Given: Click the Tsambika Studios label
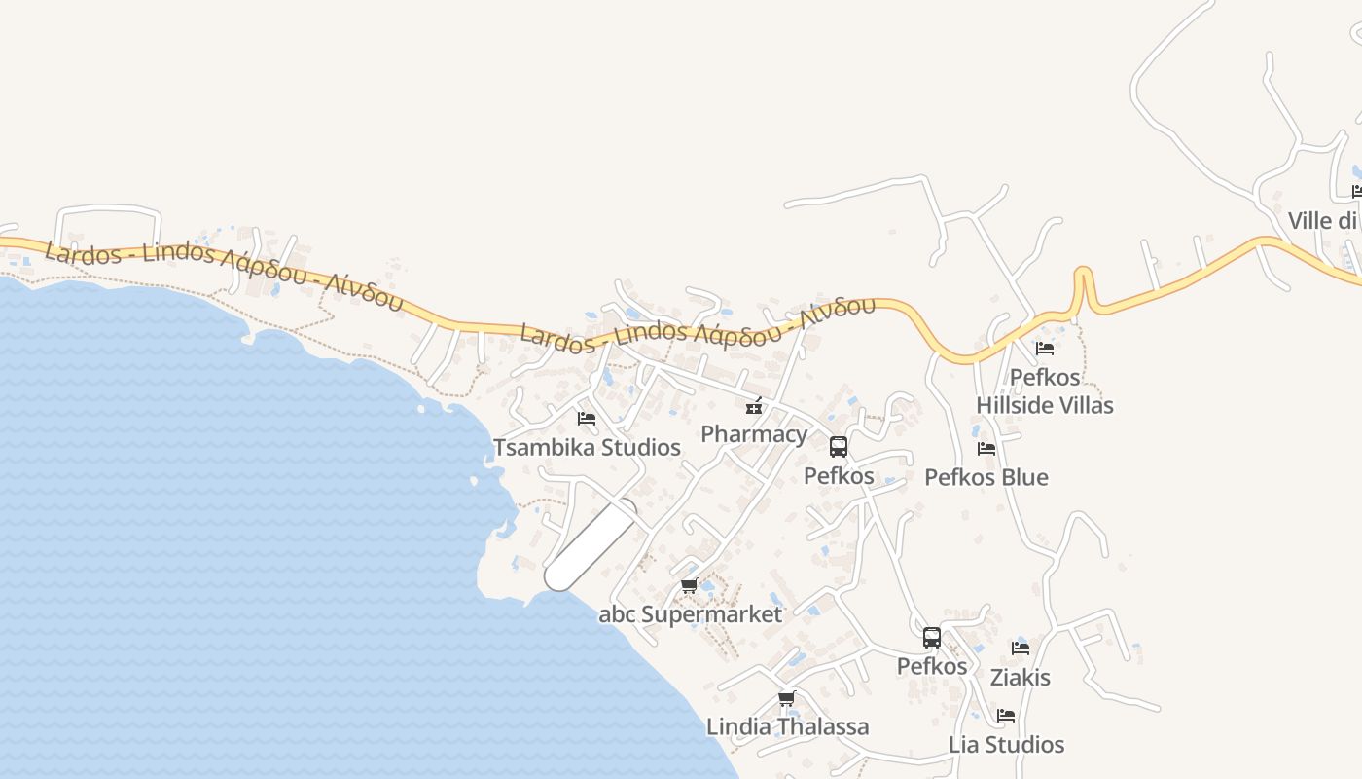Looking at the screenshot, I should click(x=587, y=448).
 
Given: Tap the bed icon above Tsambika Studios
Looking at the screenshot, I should click(x=587, y=419).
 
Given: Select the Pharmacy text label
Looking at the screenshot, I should click(x=754, y=434).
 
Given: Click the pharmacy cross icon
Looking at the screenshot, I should click(x=753, y=407).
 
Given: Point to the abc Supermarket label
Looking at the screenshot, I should click(x=690, y=614).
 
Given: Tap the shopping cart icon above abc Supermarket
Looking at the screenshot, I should click(x=690, y=586).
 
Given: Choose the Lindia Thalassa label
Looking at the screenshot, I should click(x=787, y=727).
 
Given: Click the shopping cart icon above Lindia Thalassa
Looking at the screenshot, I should click(x=787, y=699).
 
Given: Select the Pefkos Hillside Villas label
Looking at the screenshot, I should click(x=1045, y=391).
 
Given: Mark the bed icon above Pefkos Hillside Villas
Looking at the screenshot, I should click(x=1045, y=348).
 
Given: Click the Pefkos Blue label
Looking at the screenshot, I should click(x=986, y=477).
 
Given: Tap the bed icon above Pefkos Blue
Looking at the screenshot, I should click(x=986, y=449).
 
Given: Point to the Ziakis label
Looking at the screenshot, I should click(x=1021, y=677).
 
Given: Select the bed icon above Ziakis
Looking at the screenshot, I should click(x=1021, y=649).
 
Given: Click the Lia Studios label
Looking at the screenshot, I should click(x=1006, y=745).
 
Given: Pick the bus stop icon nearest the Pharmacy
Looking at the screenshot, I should click(x=839, y=447).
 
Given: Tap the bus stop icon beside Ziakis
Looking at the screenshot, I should click(x=932, y=638).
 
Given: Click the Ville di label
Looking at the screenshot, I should click(x=1322, y=221).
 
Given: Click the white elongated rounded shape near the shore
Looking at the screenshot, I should click(x=591, y=545).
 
